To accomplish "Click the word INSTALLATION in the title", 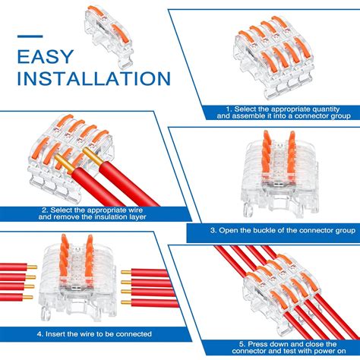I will click(x=93, y=78).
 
